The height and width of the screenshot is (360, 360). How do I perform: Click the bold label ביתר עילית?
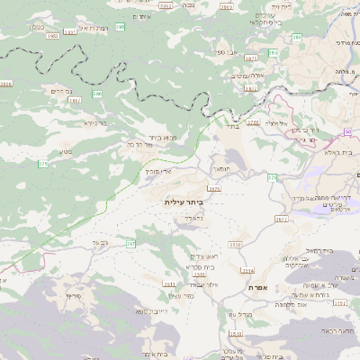click(184, 202)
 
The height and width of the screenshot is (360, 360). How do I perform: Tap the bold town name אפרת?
click(261, 287)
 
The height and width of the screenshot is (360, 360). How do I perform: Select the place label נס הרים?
click(55, 92)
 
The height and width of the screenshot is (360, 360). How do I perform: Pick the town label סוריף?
click(74, 295)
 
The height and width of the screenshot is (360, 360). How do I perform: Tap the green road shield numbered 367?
click(130, 244)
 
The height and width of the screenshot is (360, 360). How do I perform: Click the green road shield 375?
click(42, 164)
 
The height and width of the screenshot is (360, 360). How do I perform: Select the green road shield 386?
click(97, 93)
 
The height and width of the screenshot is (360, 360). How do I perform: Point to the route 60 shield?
click(347, 131)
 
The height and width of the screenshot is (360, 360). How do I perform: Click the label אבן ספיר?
click(214, 53)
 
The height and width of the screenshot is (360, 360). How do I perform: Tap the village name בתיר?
click(231, 127)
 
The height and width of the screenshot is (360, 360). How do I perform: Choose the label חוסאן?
click(220, 168)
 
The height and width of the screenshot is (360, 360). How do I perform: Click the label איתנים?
click(141, 18)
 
